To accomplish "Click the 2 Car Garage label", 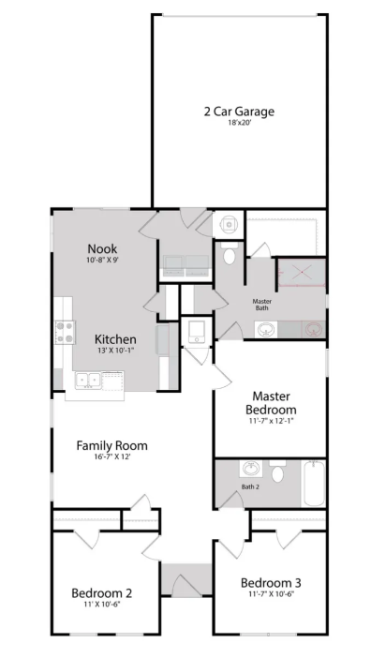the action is (x=239, y=112).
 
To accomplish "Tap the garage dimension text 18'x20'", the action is (x=239, y=124).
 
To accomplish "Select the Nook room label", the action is (x=102, y=248).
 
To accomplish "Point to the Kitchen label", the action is (x=115, y=339).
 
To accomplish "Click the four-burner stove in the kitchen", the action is (x=65, y=333).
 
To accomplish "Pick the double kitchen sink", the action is (x=88, y=381).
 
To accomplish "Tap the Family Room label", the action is (x=111, y=445).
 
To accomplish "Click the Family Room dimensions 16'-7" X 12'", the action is (x=111, y=457).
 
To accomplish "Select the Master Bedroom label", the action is (x=271, y=402).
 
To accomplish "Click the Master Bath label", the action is (x=262, y=305).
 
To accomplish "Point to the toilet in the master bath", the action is (x=230, y=253).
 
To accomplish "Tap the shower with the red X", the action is (x=302, y=273).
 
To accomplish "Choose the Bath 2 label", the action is (x=249, y=487).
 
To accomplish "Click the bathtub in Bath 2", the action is (x=314, y=483).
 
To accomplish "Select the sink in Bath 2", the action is (x=251, y=469).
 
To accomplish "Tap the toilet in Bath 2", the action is (x=277, y=471).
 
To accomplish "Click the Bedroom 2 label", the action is (x=102, y=593).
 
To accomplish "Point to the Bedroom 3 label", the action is (x=271, y=582).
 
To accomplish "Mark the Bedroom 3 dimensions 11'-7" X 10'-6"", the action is (x=271, y=594).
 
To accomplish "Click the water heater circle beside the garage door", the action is (x=230, y=225).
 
